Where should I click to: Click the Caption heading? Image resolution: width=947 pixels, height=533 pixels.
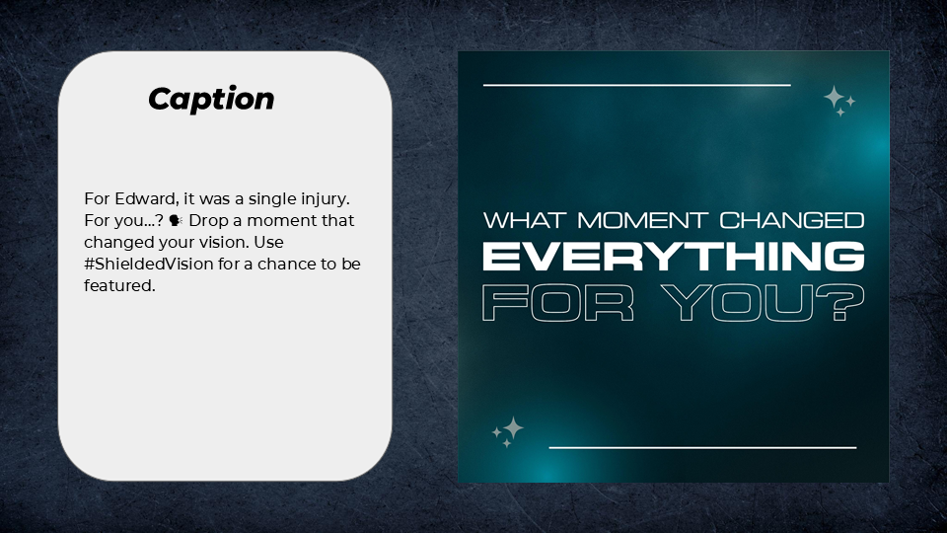pos(211,99)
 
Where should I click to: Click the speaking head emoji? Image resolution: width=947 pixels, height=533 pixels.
pos(178,220)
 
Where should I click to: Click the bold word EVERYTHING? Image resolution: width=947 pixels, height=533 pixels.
pos(673,257)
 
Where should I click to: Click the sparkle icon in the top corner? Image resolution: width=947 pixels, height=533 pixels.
pos(838,101)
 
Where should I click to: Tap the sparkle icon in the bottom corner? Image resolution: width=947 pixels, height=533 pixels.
pos(508,431)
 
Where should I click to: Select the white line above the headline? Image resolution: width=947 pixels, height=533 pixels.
pos(637,86)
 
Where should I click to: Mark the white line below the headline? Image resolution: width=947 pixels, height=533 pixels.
pos(702,447)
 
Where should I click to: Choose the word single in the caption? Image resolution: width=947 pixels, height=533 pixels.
pos(255,198)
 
